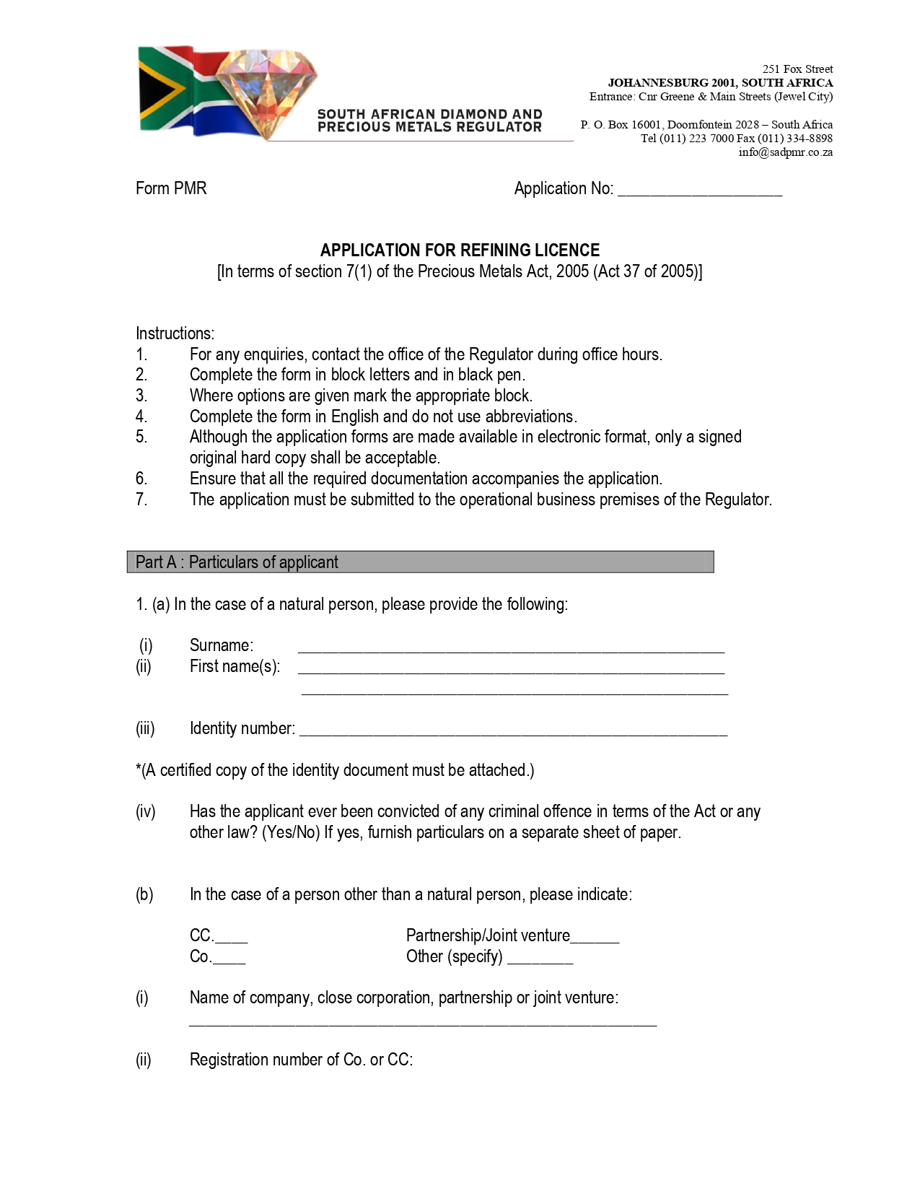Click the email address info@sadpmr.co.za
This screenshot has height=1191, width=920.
785,152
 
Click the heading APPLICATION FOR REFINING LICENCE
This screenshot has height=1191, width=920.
460,250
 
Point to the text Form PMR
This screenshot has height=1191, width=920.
171,188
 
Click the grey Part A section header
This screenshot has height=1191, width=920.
420,562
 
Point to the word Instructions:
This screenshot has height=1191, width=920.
175,333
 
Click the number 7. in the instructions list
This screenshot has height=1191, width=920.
141,499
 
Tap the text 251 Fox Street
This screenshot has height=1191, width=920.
797,69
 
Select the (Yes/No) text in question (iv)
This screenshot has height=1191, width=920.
291,832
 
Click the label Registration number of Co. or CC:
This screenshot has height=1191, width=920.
301,1060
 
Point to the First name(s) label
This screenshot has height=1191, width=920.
235,666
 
